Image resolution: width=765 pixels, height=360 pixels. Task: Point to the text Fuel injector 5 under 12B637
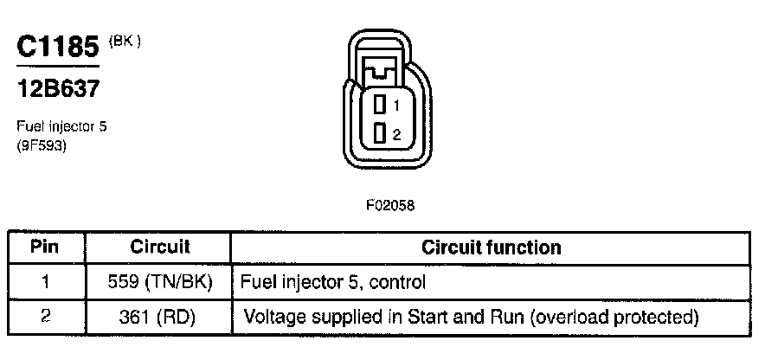click(61, 126)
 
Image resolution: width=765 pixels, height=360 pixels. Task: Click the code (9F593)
click(42, 145)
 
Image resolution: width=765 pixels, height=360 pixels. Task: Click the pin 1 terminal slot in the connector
click(379, 105)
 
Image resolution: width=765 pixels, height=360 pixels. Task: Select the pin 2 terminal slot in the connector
click(379, 133)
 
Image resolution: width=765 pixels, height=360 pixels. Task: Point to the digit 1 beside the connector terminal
click(395, 106)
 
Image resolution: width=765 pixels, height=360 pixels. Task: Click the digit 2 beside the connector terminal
click(395, 134)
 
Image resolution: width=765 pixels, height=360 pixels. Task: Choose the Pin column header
click(44, 247)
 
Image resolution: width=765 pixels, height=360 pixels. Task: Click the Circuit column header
click(160, 247)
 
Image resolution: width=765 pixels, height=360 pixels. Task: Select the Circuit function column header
click(491, 247)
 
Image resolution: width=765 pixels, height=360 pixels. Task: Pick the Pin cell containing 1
click(44, 281)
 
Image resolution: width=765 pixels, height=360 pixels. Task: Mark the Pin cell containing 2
click(44, 316)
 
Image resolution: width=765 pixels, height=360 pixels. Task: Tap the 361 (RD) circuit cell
click(160, 317)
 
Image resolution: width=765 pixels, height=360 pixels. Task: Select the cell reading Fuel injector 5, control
click(332, 282)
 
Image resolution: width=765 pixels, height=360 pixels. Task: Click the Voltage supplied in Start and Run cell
click(471, 317)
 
